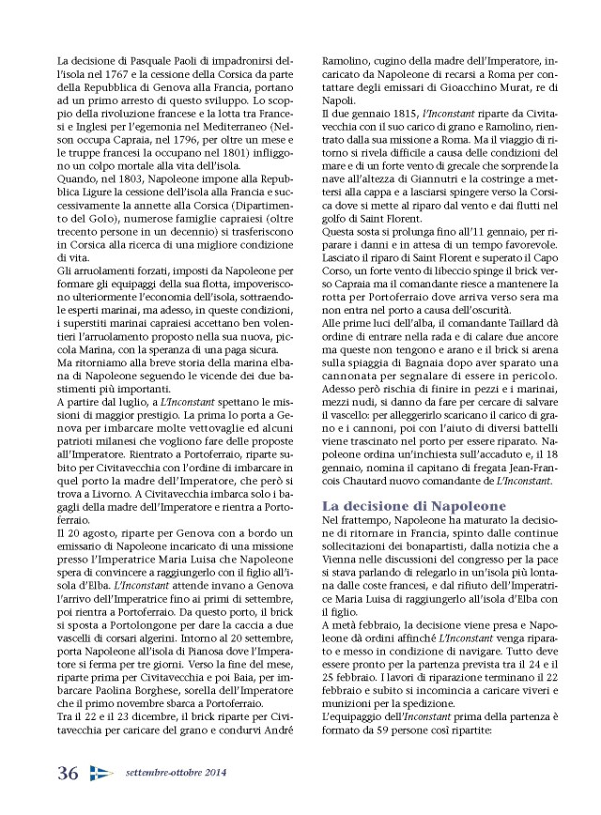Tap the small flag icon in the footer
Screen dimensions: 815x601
click(100, 773)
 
